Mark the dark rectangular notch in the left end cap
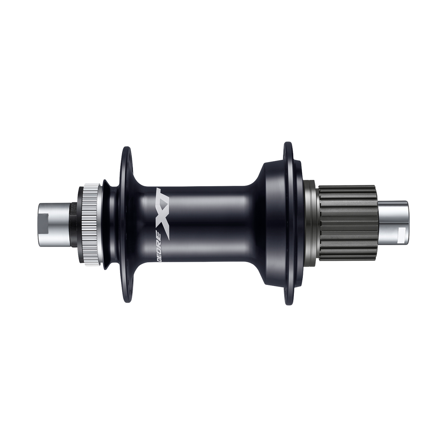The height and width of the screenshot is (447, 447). coord(44,223)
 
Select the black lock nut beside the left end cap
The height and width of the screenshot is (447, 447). coord(74,223)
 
